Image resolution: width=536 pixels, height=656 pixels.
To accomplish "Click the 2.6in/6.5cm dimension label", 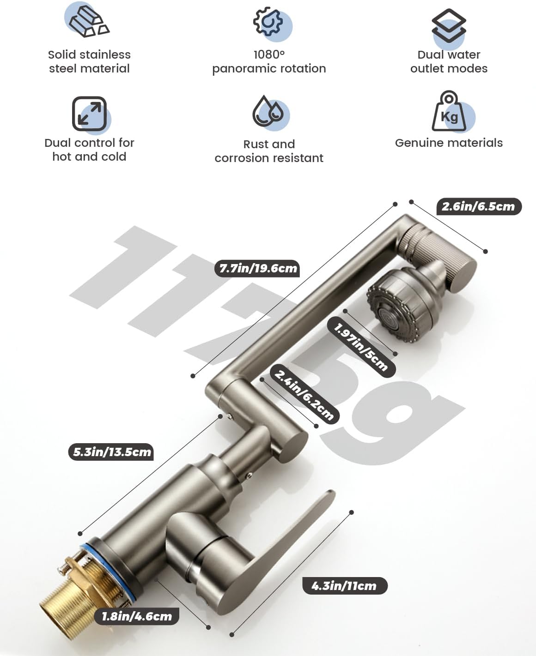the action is [478, 206].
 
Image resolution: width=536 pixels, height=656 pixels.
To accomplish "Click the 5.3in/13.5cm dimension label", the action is [111, 451].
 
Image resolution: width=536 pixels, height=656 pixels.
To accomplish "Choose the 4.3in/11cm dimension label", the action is [344, 586].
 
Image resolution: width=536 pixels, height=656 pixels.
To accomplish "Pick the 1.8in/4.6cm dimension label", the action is [137, 616].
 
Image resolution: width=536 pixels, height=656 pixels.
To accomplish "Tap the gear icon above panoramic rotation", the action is [268, 21].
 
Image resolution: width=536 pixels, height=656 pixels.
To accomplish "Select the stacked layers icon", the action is [449, 26].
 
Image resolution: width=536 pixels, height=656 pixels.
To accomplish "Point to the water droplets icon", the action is [268, 111].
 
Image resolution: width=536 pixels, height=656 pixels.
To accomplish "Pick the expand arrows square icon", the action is [89, 114].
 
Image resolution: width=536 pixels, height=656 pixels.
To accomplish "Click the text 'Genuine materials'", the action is [449, 143].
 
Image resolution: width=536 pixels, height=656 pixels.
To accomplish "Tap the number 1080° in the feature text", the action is [269, 54].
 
